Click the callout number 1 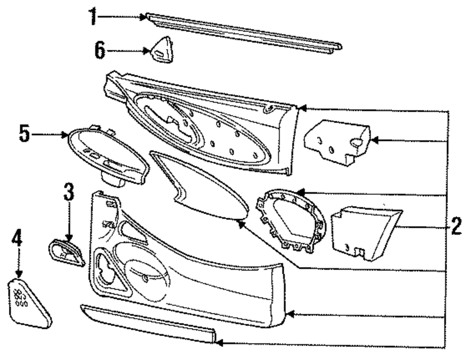94,17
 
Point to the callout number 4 17,239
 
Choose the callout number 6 100,50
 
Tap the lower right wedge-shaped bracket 363,231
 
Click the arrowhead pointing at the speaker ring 300,192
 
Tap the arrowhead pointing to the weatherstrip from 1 144,17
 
